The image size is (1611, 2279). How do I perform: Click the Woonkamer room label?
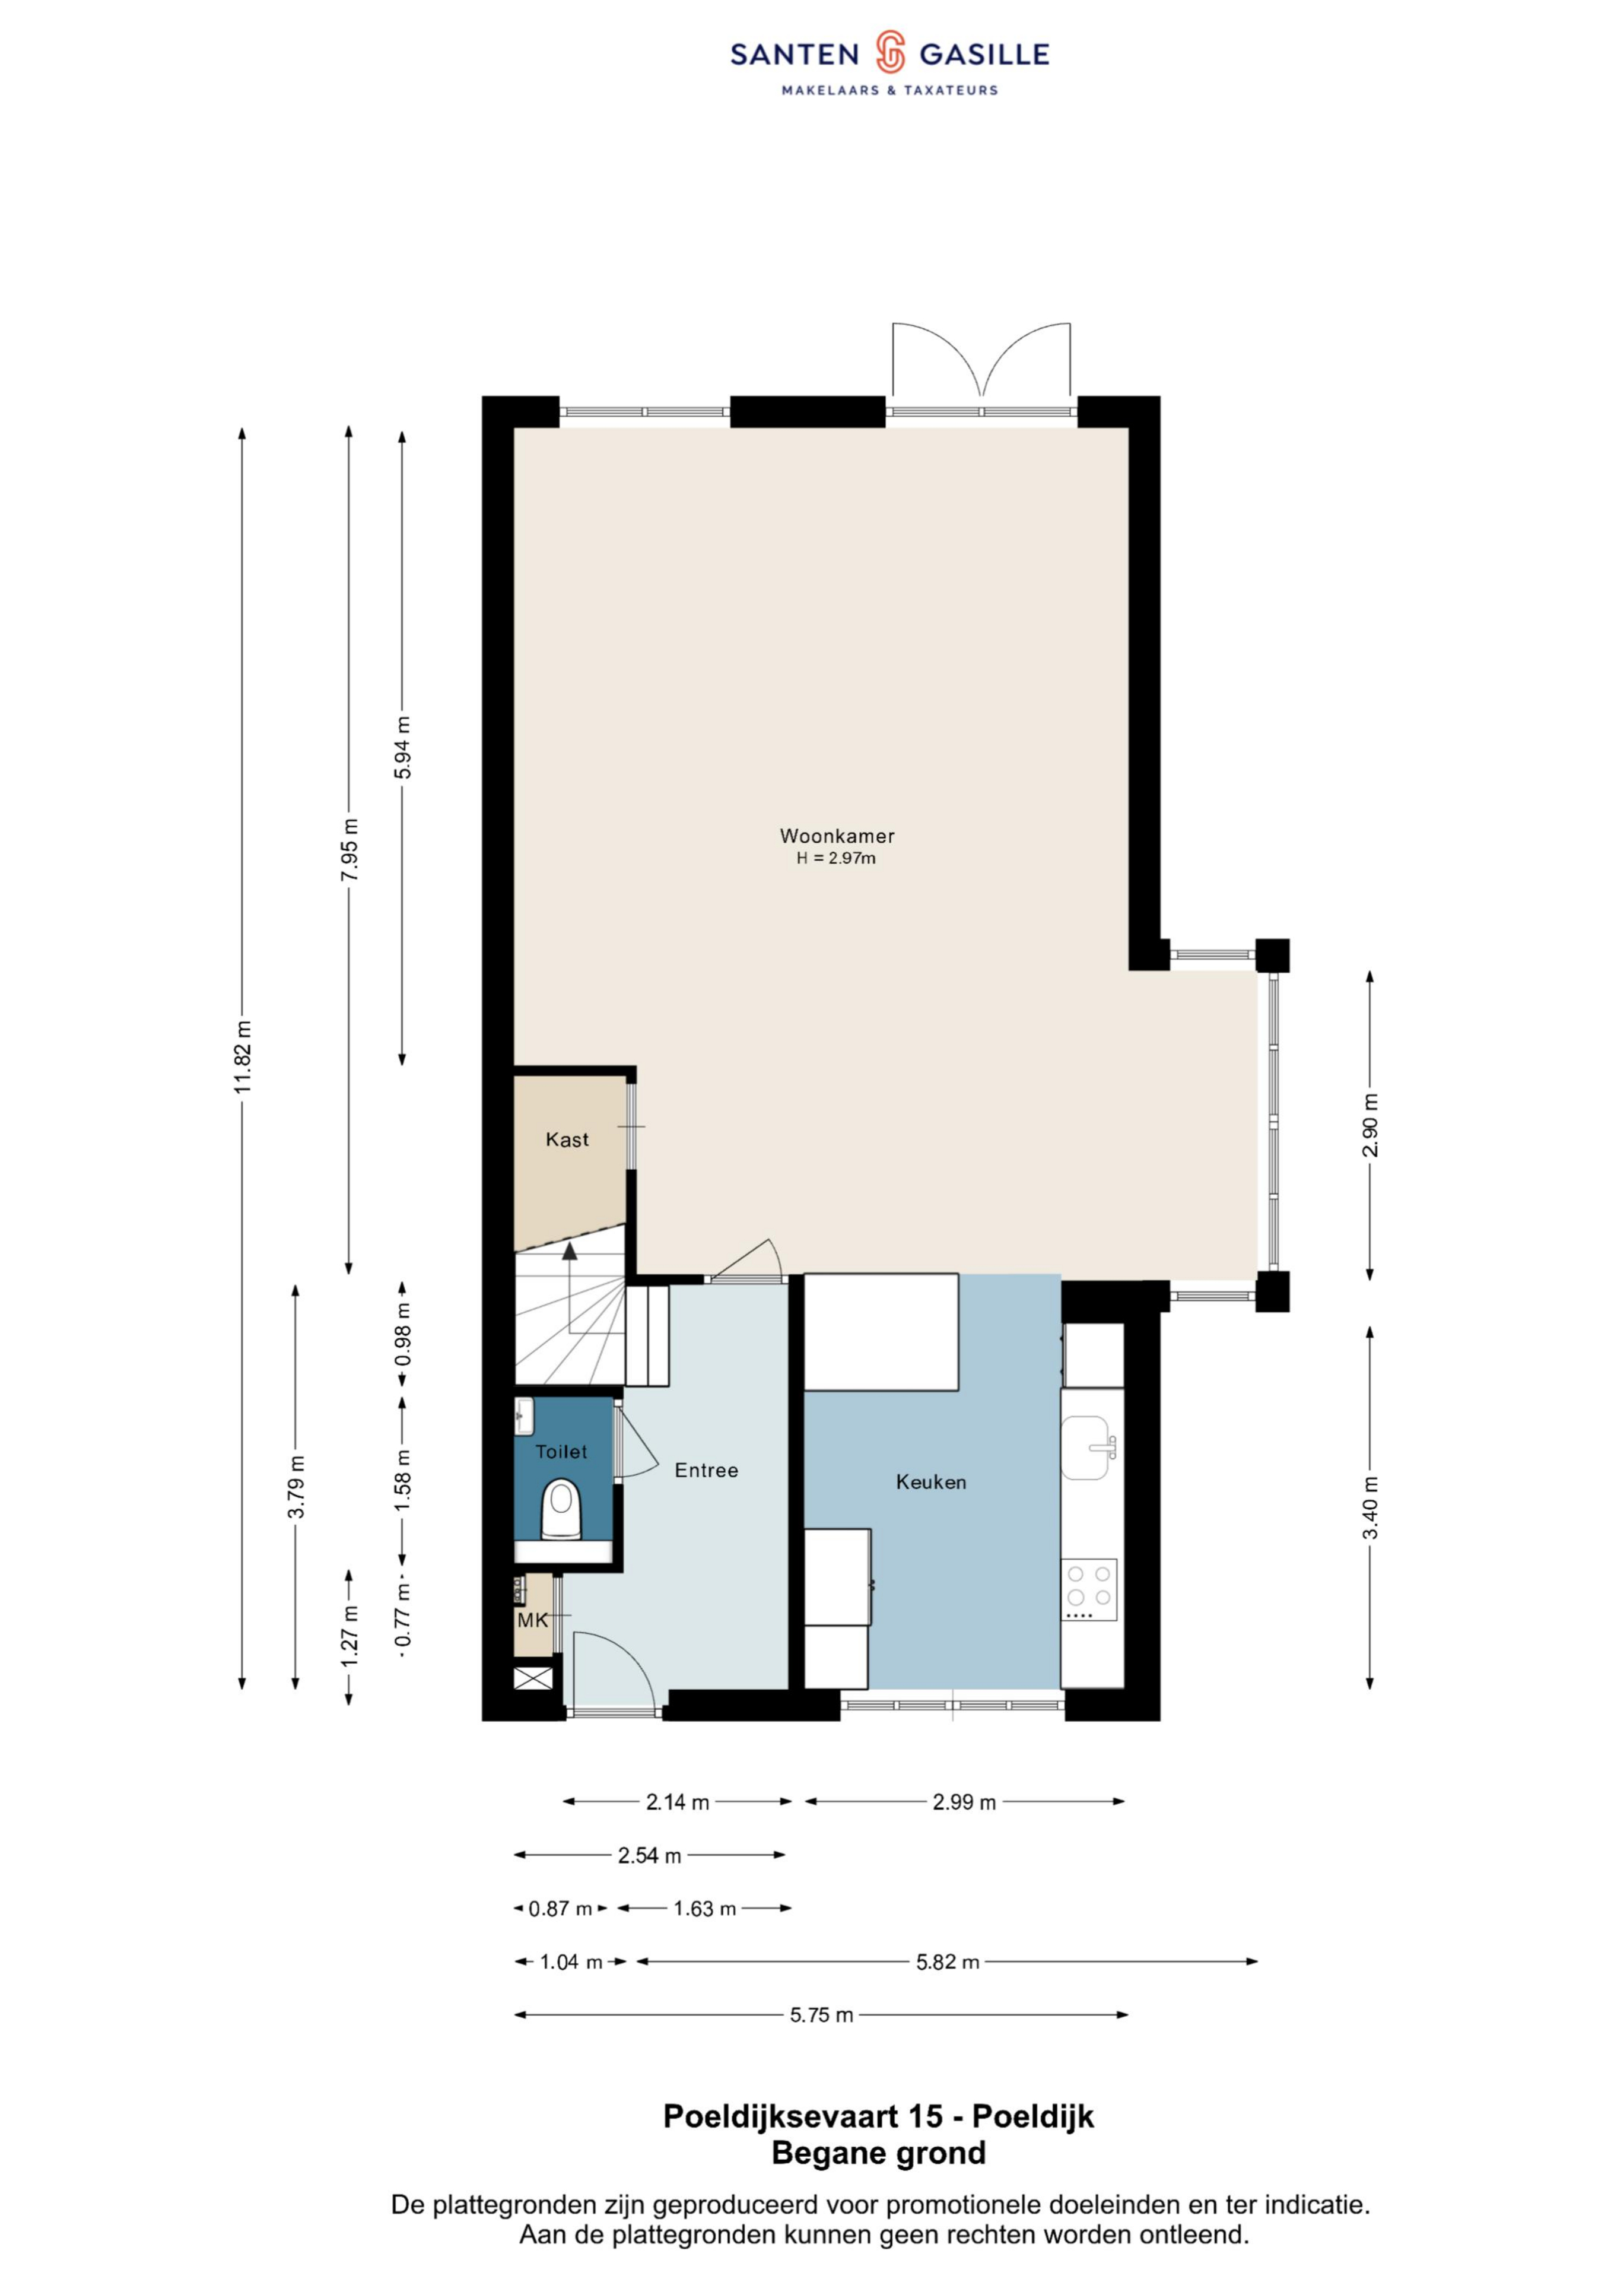[837, 836]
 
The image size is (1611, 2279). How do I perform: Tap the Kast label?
[567, 1139]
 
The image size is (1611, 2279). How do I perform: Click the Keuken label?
[931, 1482]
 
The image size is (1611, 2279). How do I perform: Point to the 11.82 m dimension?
[242, 1056]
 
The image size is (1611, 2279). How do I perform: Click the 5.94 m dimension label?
[402, 747]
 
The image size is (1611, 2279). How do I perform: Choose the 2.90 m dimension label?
[1370, 1125]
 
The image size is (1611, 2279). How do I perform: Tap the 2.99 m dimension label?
[964, 1802]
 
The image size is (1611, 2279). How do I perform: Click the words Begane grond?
[878, 2153]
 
